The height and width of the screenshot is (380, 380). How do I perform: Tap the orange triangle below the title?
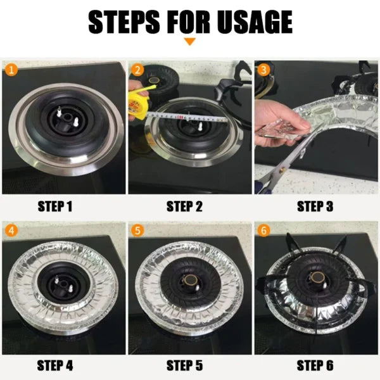pos(189,42)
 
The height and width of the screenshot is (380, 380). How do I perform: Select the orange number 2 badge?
pos(137,69)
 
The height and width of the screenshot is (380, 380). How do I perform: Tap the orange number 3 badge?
pos(263,69)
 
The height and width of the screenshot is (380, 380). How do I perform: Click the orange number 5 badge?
pos(137,229)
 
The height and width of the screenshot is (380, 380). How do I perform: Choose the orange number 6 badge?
pos(263,229)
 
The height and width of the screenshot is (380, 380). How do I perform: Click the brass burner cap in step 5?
pos(189,279)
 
